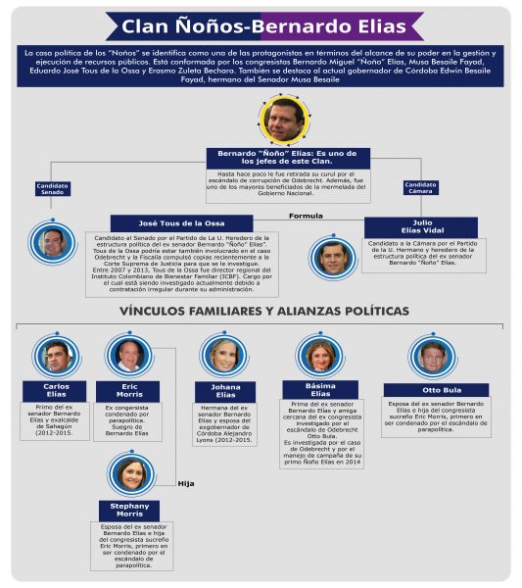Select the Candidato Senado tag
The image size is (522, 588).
[52, 188]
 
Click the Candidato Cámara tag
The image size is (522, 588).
[420, 187]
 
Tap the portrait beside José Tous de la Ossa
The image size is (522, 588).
[51, 240]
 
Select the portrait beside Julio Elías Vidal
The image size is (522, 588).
[333, 257]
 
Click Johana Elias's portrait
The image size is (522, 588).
[224, 354]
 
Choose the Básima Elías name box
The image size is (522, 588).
[320, 389]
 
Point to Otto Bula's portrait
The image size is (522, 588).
[432, 356]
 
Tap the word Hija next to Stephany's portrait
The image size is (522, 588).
[186, 483]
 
